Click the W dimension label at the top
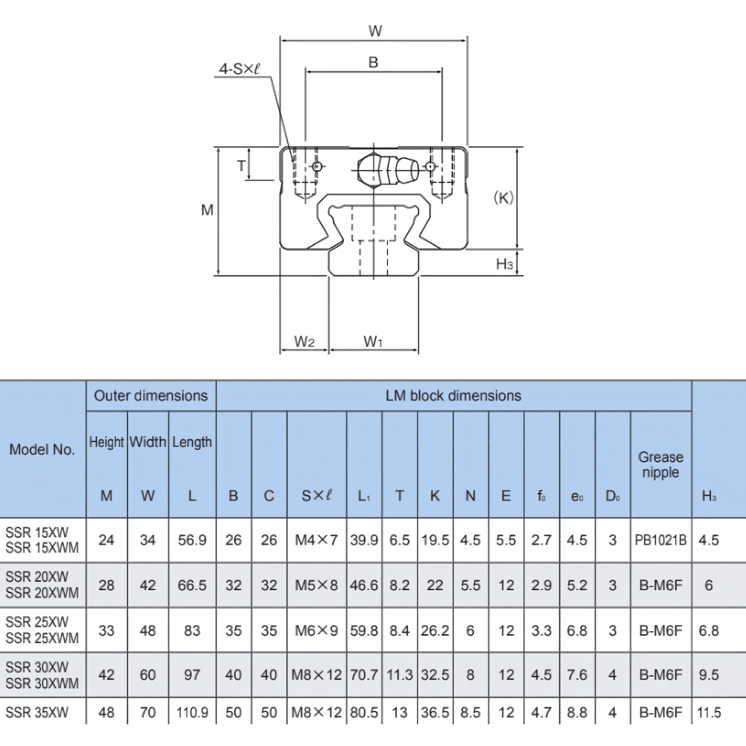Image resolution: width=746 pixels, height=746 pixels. [x=374, y=31]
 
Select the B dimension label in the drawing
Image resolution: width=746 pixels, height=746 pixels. [x=373, y=63]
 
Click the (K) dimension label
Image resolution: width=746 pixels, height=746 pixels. [x=504, y=198]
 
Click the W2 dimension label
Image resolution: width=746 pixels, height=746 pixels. [x=304, y=341]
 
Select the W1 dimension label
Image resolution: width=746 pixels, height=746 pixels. [x=373, y=341]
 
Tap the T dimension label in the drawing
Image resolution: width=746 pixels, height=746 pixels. [x=241, y=166]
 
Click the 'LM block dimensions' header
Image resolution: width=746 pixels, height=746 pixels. [x=453, y=395]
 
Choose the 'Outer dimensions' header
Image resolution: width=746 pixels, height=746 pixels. [x=151, y=395]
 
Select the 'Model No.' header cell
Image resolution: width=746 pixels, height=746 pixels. [x=42, y=450]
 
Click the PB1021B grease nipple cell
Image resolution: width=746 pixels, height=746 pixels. [x=660, y=540]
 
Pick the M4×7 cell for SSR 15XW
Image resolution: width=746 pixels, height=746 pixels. [x=317, y=540]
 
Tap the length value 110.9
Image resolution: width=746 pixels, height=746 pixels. [x=192, y=713]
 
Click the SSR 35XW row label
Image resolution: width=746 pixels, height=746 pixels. [x=37, y=713]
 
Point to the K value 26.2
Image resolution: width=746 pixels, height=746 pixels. [x=435, y=630]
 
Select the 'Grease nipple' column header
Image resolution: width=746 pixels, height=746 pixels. [x=660, y=464]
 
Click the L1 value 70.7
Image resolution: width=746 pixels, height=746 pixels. [x=364, y=675]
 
